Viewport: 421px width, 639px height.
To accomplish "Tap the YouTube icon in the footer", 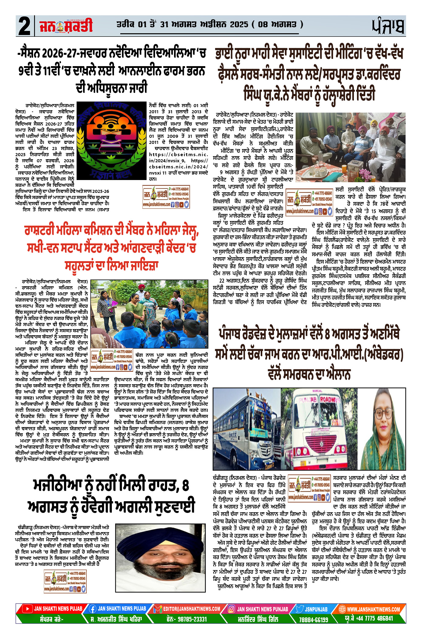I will pos(28,609).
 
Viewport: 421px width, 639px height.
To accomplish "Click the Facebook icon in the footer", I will pos(93,609).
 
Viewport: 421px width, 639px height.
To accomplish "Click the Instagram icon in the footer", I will pos(232,609).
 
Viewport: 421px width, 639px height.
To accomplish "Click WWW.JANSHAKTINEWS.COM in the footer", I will pos(373,609).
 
